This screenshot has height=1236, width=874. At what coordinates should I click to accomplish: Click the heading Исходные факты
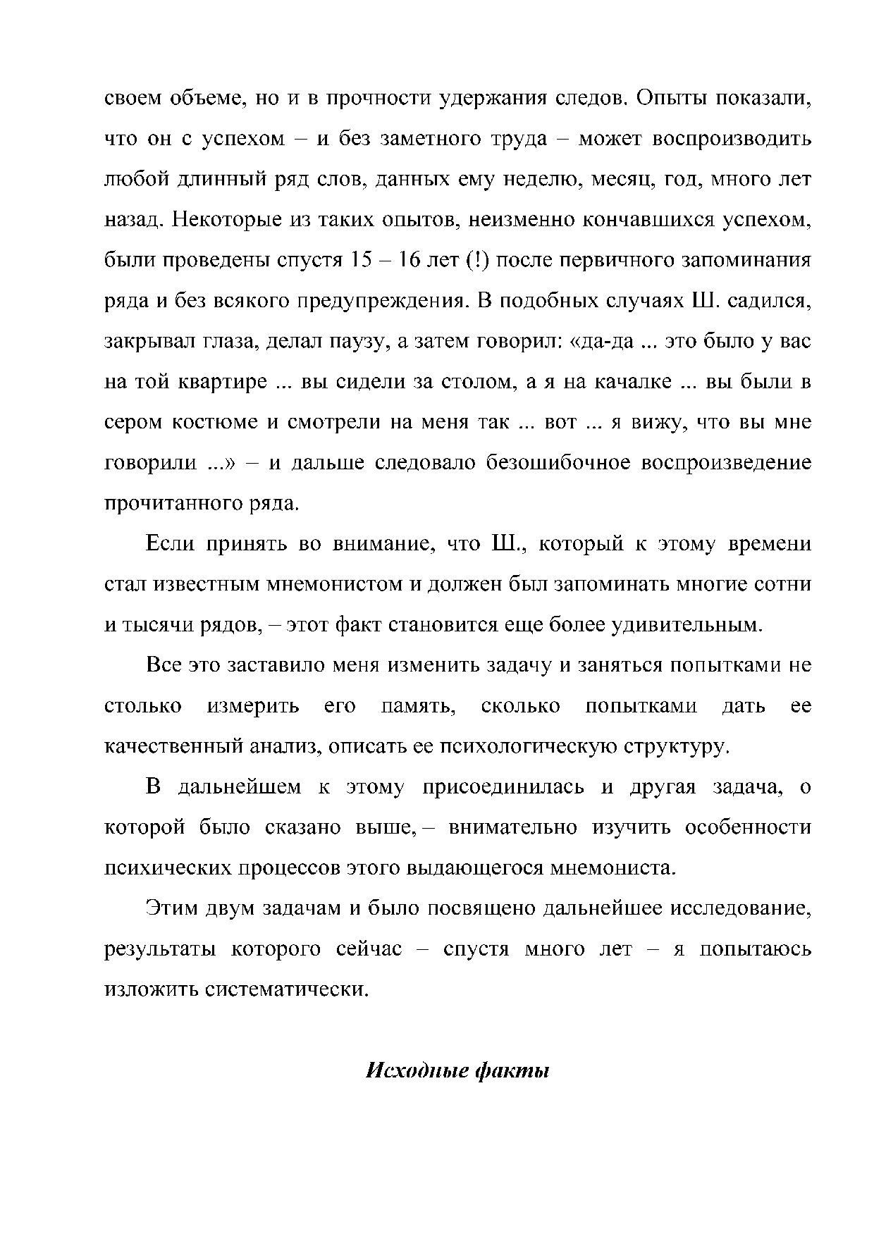point(457,1071)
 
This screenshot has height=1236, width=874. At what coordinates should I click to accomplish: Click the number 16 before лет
point(410,260)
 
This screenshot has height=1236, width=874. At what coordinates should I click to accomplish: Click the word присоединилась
point(503,787)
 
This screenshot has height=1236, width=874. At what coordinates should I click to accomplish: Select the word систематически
point(286,989)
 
